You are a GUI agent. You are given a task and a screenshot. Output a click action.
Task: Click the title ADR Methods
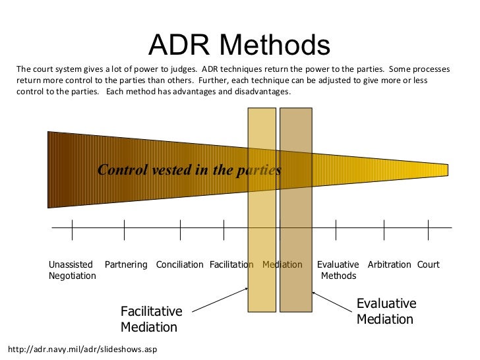point(239,45)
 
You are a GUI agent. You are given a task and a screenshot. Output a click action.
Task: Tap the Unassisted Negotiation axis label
point(72,270)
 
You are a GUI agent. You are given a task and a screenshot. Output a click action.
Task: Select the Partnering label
point(126,265)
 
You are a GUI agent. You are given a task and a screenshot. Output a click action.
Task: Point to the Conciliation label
point(179,265)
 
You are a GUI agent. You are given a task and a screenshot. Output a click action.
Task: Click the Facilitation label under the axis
point(231,265)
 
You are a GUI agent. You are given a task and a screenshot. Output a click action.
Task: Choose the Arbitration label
point(389,265)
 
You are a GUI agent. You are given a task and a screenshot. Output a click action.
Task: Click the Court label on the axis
point(428,265)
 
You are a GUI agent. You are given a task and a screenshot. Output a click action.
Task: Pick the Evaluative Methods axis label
point(338,270)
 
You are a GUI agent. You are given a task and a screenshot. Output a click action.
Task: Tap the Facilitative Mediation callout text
point(151,319)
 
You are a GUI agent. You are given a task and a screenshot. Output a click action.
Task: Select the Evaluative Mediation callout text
point(386,312)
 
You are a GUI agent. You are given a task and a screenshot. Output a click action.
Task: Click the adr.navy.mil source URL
point(82,349)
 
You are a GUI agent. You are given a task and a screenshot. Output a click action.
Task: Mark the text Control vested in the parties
point(189,170)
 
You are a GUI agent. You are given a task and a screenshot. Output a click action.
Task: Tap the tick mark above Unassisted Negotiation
point(72,229)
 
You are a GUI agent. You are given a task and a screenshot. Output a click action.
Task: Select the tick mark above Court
point(429,229)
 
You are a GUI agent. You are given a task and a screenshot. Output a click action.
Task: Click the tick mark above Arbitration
point(384,229)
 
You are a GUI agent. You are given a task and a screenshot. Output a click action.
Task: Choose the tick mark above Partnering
point(124,229)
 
